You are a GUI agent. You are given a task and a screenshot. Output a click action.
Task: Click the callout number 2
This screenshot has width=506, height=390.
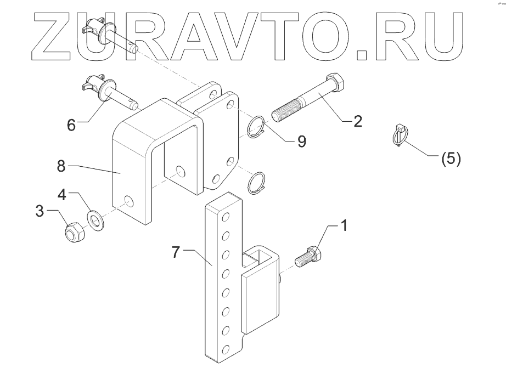click(x=357, y=121)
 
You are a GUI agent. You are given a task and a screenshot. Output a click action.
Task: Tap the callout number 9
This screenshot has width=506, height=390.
click(x=301, y=141)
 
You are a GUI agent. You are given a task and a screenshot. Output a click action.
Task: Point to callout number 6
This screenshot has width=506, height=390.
click(x=71, y=125)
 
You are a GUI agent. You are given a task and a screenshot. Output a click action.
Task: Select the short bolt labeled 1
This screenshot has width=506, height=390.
click(x=308, y=256)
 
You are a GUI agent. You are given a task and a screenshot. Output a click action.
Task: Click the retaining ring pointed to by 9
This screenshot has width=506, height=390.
click(x=257, y=127)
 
